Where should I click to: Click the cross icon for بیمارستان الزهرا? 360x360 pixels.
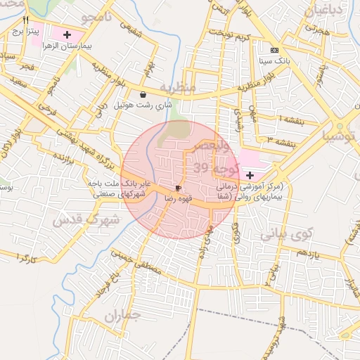[x=67, y=34]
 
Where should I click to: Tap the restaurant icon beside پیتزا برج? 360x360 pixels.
[x=25, y=20]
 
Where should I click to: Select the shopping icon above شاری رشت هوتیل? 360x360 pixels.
[x=143, y=94]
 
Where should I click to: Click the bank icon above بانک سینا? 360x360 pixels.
[x=274, y=51]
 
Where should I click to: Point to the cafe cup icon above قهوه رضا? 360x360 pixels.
[x=178, y=188]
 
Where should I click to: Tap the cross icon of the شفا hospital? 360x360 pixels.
[x=250, y=174]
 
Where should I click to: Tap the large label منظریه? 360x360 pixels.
[x=176, y=87]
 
